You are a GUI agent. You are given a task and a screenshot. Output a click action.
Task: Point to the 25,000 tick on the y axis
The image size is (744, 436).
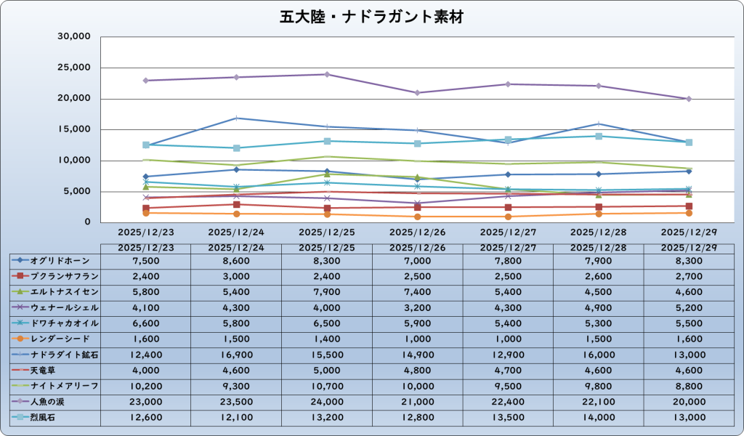74,68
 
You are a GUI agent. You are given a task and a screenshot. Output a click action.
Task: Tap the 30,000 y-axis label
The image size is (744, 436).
74,36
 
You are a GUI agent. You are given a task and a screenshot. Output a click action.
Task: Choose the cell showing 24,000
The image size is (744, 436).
327,401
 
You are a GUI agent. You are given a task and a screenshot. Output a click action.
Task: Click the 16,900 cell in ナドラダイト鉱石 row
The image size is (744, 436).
236,355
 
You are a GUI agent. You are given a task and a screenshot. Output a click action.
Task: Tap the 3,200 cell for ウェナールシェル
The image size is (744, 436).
417,307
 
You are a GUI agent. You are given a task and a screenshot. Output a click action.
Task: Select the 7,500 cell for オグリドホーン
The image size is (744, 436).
145,260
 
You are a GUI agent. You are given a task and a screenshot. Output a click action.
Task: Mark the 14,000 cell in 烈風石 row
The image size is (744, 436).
598,416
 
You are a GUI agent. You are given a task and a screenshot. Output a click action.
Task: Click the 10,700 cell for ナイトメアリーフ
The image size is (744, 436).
327,386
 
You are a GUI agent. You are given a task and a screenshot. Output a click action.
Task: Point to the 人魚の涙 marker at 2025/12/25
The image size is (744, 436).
327,74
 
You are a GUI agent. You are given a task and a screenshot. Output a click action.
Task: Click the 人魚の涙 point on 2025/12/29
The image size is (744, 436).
689,99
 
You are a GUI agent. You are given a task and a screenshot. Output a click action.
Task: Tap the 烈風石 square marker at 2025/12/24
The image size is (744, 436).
236,148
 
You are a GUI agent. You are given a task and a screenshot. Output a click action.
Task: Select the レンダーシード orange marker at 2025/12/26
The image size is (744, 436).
417,217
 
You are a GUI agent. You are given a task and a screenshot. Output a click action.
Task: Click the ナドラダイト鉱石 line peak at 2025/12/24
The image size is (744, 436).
236,118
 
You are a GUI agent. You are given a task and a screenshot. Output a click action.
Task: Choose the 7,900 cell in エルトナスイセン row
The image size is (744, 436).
327,291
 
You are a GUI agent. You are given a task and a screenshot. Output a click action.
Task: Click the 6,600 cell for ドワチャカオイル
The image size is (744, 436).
145,323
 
